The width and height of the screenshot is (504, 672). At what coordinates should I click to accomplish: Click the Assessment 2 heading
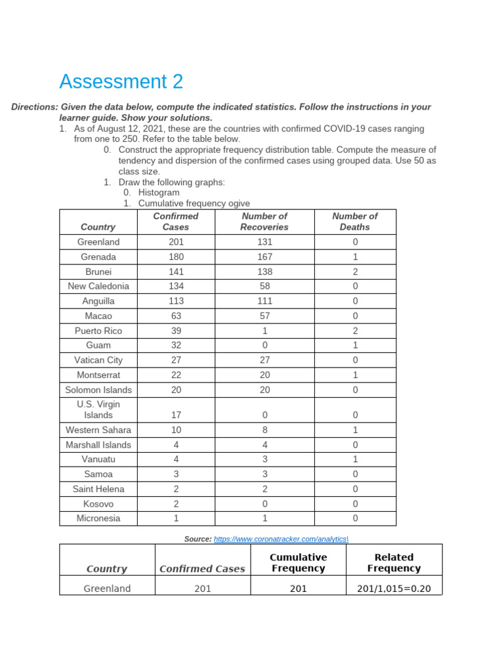[x=121, y=82]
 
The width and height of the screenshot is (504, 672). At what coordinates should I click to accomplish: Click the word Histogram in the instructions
[x=159, y=193]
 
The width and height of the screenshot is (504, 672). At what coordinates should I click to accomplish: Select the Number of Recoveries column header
[x=264, y=221]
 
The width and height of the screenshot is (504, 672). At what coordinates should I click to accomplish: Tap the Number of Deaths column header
[x=354, y=221]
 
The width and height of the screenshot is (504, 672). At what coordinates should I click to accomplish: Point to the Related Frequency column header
[x=394, y=562]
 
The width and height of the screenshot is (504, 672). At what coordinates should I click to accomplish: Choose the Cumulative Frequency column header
[x=298, y=562]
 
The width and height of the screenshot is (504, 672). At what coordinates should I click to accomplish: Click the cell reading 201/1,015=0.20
[x=394, y=589]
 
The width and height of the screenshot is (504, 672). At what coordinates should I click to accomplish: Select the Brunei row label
[x=98, y=272]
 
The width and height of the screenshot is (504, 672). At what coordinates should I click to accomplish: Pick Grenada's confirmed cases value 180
[x=175, y=257]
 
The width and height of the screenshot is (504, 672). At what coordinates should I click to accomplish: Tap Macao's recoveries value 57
[x=264, y=316]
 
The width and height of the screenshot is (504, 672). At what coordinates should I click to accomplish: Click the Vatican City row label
[x=98, y=360]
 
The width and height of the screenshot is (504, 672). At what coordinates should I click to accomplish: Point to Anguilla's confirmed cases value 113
[x=175, y=301]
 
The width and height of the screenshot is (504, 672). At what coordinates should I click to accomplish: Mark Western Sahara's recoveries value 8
[x=264, y=430]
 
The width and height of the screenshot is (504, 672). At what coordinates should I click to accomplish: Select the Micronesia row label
[x=98, y=518]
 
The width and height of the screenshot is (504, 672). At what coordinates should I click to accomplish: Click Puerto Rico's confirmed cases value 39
[x=175, y=331]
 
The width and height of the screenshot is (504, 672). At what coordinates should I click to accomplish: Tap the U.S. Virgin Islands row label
[x=98, y=409]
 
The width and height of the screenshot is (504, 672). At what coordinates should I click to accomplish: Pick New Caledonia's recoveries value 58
[x=264, y=286]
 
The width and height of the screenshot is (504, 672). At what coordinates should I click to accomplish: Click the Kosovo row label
[x=98, y=504]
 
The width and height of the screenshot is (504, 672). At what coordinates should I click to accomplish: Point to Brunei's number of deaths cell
[x=354, y=272]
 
